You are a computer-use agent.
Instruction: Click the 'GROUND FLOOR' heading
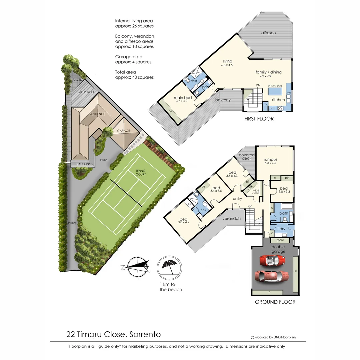click(275, 302)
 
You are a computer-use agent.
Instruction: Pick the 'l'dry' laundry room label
click(281, 229)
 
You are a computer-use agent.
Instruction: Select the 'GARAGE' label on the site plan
click(123, 131)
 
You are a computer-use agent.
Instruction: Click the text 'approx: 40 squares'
click(134, 77)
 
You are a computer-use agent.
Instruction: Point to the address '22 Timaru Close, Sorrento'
click(114, 334)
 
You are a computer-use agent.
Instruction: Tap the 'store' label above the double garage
click(280, 240)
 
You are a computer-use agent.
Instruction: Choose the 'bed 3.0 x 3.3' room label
click(283, 190)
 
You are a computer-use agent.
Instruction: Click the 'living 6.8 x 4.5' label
click(227, 63)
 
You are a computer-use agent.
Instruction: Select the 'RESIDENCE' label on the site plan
click(97, 114)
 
